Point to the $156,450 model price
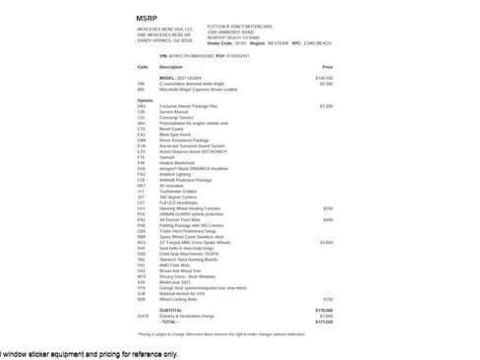(324, 77)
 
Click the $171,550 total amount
(324, 321)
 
